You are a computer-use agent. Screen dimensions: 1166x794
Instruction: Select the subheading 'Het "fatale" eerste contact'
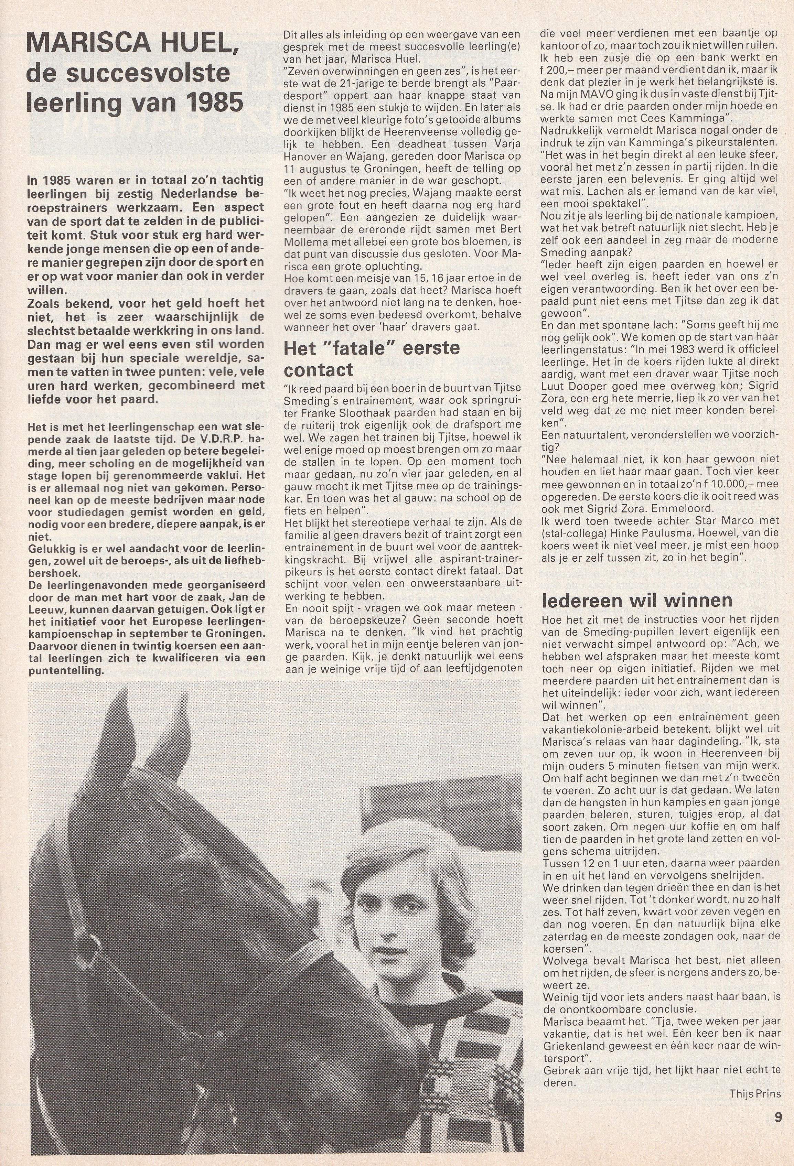pos(372,359)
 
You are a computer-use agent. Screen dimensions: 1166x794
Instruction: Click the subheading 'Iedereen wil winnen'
pos(636,600)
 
